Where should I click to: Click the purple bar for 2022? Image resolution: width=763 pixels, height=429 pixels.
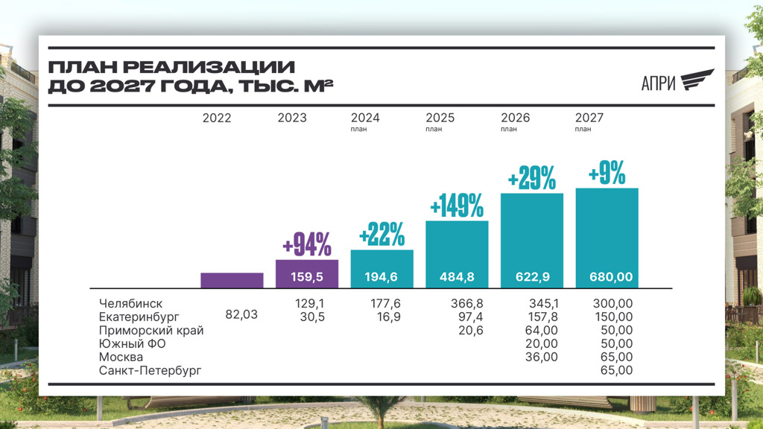pos(232,280)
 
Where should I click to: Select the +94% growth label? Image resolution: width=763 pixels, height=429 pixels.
pos(307,244)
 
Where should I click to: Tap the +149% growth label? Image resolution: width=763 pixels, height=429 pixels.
pos(457,205)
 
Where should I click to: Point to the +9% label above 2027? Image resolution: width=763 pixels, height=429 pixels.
pos(607,174)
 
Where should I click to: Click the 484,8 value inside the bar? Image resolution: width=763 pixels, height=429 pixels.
pos(457,277)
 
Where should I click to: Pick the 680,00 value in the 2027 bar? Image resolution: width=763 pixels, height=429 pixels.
pos(607,277)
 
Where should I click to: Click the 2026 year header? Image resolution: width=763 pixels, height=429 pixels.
pos(516,118)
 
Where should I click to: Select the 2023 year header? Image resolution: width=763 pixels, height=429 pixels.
pos(292,118)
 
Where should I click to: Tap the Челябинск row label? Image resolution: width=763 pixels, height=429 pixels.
pos(130,303)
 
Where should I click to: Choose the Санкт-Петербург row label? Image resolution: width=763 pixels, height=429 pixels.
pos(150,370)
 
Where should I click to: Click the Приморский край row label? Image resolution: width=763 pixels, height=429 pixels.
pos(151,330)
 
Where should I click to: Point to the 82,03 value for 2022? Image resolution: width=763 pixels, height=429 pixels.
pos(241,314)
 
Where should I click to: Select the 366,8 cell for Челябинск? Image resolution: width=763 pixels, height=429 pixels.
pos(467,303)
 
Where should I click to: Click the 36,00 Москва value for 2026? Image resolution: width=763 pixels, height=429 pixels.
pos(542,357)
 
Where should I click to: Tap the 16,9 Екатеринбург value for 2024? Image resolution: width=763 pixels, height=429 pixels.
pos(385,317)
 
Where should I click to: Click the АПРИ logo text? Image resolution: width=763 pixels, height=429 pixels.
pos(658,83)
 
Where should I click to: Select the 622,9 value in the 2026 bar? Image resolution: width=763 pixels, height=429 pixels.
pos(532,277)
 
